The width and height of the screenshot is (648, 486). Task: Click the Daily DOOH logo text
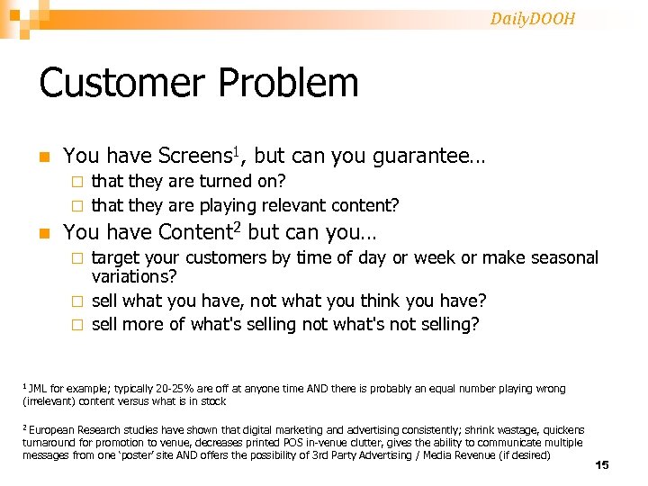coord(532,18)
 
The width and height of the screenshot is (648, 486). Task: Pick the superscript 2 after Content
coord(237,228)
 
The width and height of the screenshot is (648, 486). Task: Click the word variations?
coord(134,277)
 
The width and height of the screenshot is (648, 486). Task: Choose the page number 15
coord(602,464)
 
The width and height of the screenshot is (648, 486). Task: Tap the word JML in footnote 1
coord(38,389)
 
